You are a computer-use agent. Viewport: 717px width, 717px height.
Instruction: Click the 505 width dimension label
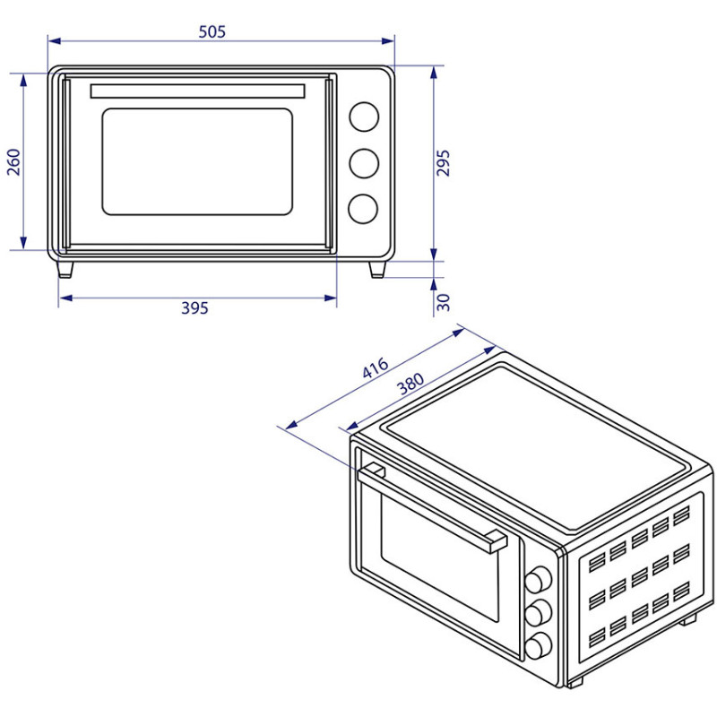(212, 31)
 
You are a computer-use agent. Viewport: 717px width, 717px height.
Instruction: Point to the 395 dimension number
(194, 308)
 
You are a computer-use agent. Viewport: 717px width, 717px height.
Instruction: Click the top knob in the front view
(363, 117)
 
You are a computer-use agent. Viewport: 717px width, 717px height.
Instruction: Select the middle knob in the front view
(363, 162)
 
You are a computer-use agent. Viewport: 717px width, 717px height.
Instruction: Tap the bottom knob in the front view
(363, 208)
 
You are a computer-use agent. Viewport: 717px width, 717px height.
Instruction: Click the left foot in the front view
(65, 269)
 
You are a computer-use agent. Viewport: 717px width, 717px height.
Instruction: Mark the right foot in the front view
(377, 269)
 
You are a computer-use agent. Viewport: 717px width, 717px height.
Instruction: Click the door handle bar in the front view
(197, 91)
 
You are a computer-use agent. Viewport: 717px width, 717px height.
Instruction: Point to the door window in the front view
(197, 161)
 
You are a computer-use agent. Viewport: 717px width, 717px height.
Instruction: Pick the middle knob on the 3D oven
(538, 614)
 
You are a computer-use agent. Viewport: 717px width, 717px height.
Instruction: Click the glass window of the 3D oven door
(439, 556)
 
